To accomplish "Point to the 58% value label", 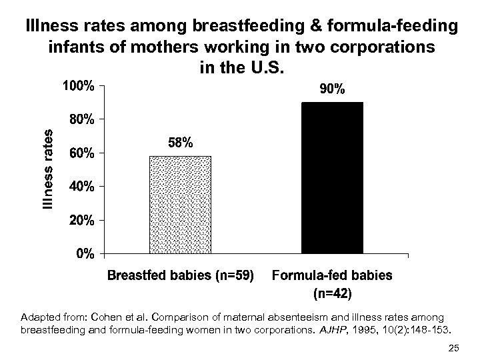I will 181,143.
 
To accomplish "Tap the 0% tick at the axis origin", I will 84,254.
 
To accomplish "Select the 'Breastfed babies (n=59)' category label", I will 181,275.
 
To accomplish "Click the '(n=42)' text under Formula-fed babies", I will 332,292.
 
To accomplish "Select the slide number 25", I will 455,347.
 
